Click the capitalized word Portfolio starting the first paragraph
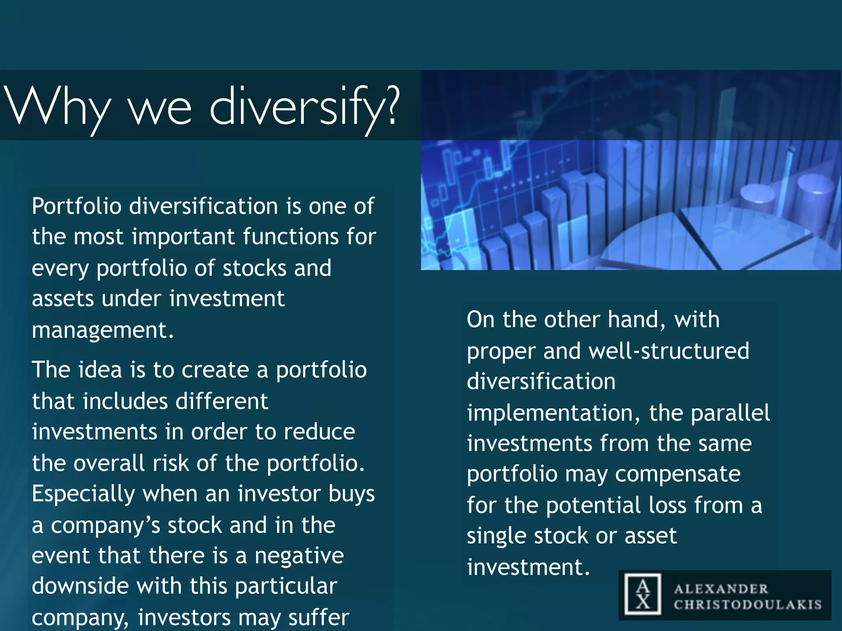point(76,206)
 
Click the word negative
point(299,556)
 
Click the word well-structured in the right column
point(669,351)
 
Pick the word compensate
point(678,474)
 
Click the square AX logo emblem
point(643,594)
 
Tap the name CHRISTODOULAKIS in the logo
point(747,605)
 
